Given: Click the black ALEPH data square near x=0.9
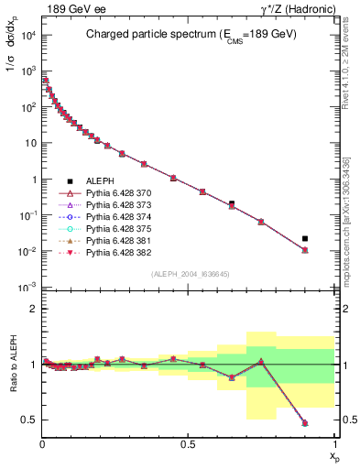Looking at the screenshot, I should pyautogui.click(x=305, y=238).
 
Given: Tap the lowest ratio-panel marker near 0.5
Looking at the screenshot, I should pyautogui.click(x=305, y=423).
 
